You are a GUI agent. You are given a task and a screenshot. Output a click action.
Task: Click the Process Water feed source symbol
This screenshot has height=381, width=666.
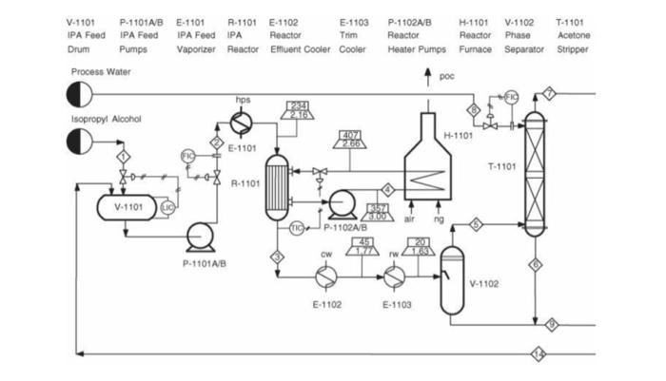pyautogui.click(x=78, y=94)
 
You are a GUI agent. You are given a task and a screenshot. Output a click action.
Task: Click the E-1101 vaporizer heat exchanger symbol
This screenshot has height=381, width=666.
pyautogui.click(x=243, y=122)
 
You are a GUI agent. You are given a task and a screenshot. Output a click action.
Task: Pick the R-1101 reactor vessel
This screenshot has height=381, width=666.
pyautogui.click(x=280, y=177)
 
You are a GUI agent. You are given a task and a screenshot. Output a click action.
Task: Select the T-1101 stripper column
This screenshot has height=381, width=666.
pyautogui.click(x=536, y=171)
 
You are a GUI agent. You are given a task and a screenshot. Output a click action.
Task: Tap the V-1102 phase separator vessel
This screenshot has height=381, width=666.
pyautogui.click(x=453, y=280)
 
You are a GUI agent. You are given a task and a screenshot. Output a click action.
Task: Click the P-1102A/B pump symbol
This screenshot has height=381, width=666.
pyautogui.click(x=340, y=203)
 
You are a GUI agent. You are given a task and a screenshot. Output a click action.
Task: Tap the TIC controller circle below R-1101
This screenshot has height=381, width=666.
pyautogui.click(x=296, y=228)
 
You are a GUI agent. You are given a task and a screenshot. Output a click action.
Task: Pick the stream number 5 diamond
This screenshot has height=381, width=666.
pyautogui.click(x=477, y=224)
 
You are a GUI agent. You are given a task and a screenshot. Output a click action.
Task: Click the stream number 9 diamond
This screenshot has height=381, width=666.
pyautogui.click(x=551, y=325)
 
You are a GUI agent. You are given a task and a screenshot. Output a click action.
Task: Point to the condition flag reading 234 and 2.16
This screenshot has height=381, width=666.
pyautogui.click(x=299, y=110)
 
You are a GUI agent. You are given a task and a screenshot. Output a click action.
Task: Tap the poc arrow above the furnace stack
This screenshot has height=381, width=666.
pyautogui.click(x=426, y=79)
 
